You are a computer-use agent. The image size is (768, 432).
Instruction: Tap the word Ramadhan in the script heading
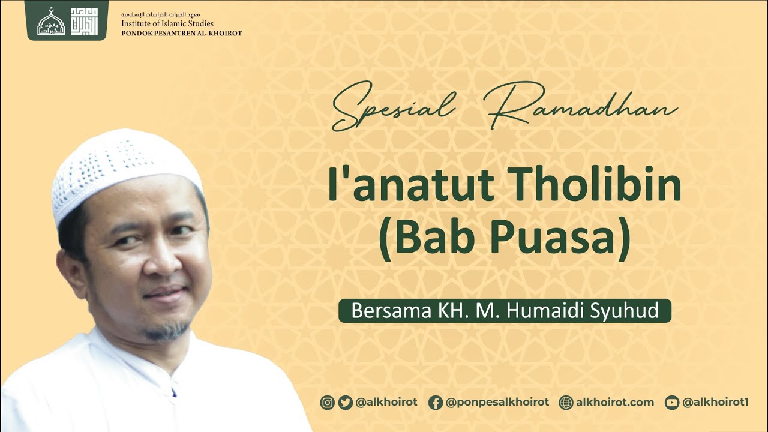[x=583, y=108]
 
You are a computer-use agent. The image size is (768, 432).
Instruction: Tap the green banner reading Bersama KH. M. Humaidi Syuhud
[x=505, y=311]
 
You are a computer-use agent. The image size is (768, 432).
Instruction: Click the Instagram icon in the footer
[x=327, y=403]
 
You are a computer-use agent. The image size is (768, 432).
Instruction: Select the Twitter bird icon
[x=345, y=403]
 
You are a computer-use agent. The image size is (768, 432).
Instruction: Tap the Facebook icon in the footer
[x=436, y=403]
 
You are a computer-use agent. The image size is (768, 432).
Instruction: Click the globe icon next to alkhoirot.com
[x=566, y=403]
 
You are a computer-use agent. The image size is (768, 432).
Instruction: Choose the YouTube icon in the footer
[x=672, y=403]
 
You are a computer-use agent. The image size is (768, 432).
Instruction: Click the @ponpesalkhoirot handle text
[x=497, y=403]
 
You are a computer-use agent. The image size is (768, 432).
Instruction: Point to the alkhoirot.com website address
[x=615, y=403]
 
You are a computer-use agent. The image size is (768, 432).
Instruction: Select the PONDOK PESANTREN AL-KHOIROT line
[x=181, y=33]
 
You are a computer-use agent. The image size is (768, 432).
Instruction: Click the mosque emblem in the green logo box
[x=51, y=22]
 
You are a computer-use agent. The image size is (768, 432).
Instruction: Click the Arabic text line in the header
[x=169, y=14]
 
